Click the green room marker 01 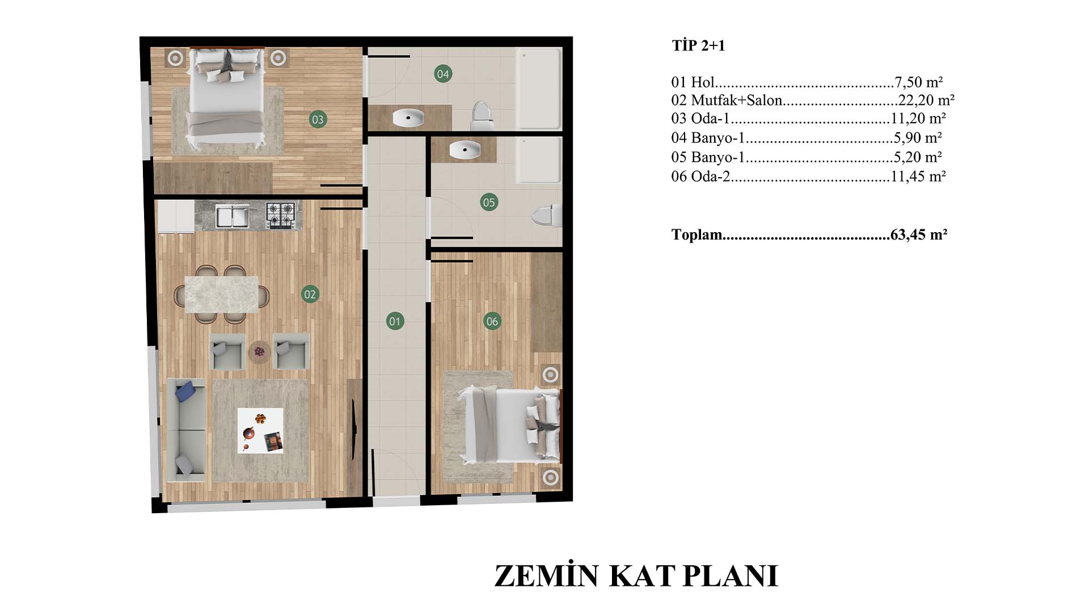(395, 321)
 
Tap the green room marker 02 (310, 294)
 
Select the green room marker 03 (318, 119)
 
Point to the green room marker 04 (443, 74)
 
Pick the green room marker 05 (489, 202)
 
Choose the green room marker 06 (492, 321)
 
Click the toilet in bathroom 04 (482, 116)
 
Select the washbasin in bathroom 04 (408, 118)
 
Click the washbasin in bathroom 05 (465, 150)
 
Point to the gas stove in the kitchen (281, 216)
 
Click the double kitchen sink (233, 216)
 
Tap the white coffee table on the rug (260, 431)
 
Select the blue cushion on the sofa (185, 391)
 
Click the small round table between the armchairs (259, 352)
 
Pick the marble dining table (222, 294)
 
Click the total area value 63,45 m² (919, 234)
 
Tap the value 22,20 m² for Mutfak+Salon (926, 100)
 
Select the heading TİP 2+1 (698, 45)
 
